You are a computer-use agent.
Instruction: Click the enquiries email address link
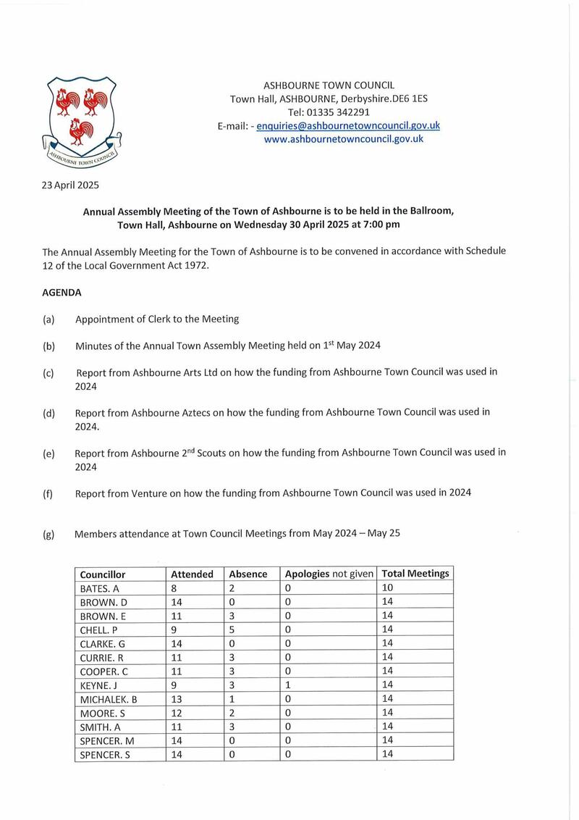pyautogui.click(x=348, y=125)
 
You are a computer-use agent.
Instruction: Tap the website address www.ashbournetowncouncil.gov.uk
pyautogui.click(x=344, y=138)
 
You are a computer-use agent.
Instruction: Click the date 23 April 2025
pyautogui.click(x=70, y=185)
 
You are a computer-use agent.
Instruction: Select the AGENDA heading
pyautogui.click(x=62, y=293)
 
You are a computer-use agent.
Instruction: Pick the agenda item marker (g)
pyautogui.click(x=49, y=534)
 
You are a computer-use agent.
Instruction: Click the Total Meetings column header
pyautogui.click(x=415, y=573)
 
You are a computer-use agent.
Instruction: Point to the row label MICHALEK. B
pyautogui.click(x=109, y=698)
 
